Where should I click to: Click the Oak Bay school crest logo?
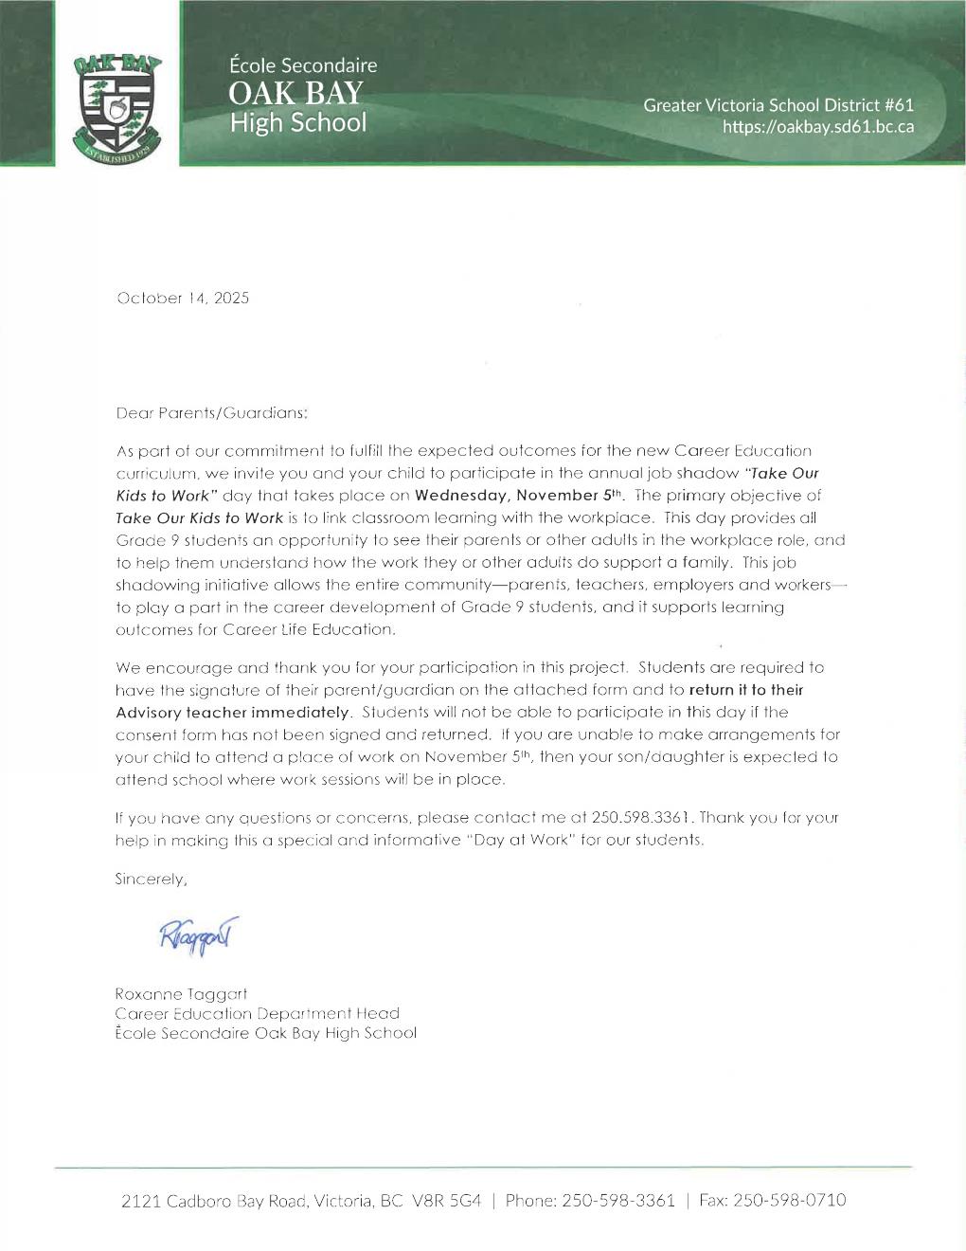116,107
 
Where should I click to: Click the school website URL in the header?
818,127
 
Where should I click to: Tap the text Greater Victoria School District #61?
778,105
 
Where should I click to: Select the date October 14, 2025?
183,299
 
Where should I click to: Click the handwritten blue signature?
199,934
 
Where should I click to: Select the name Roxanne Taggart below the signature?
181,994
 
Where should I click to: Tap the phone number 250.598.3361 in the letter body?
643,817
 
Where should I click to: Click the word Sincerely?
152,879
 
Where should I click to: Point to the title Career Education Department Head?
257,1013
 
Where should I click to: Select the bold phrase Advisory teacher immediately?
233,712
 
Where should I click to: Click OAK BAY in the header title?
295,94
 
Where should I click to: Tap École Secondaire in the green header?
303,65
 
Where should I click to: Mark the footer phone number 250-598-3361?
617,1201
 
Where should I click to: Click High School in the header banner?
297,123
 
